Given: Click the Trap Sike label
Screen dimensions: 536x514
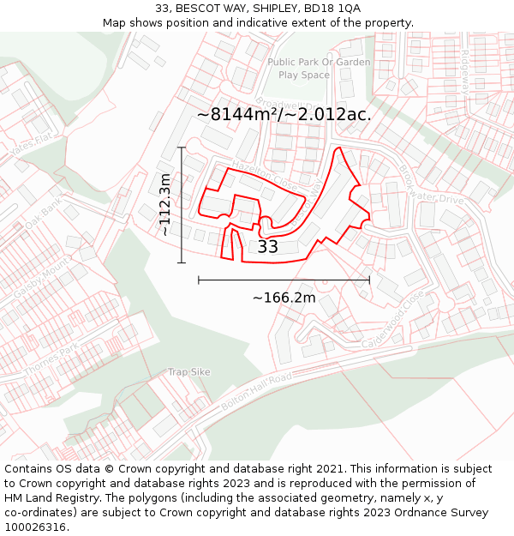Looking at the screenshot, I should click(x=189, y=372).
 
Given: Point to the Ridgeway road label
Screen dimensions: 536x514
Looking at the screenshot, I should click(x=466, y=70).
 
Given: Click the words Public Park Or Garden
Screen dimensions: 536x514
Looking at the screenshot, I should click(x=319, y=62).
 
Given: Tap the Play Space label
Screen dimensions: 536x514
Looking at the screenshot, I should click(x=304, y=75).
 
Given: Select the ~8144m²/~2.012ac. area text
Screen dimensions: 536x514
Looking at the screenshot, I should click(x=284, y=114).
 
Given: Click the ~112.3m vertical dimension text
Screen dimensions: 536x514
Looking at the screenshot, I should click(x=164, y=204).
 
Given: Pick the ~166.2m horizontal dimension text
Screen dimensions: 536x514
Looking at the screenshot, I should click(x=284, y=298).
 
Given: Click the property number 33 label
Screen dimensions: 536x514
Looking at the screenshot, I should click(x=268, y=247).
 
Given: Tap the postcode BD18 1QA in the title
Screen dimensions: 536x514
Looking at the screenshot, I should click(x=334, y=8).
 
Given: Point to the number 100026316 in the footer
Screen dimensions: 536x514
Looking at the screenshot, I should click(x=35, y=527).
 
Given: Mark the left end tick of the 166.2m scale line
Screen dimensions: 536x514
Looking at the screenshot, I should click(x=199, y=280).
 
